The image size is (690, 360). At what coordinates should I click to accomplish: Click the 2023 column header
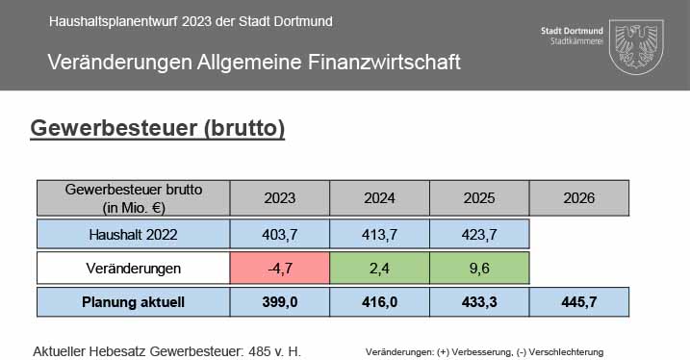tap(279, 198)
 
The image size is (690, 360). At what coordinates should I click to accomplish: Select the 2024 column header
tap(379, 198)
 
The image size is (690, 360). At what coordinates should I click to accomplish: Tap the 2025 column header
tap(479, 198)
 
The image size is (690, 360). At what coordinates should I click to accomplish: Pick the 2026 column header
tap(579, 198)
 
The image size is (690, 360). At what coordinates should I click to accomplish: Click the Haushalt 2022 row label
tap(134, 235)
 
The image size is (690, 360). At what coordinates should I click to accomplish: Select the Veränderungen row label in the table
tap(134, 268)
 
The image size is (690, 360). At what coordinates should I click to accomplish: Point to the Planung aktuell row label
tap(134, 302)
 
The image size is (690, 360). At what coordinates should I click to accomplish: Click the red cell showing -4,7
tap(279, 268)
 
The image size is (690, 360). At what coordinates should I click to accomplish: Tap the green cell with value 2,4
tap(379, 268)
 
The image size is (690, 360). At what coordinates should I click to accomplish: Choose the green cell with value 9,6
tap(479, 268)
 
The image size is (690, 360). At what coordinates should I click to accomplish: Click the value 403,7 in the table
tap(279, 235)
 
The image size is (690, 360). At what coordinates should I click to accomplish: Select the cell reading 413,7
tap(379, 235)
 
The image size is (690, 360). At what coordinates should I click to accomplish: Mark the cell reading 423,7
tap(479, 235)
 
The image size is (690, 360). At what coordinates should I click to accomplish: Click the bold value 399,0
tap(279, 302)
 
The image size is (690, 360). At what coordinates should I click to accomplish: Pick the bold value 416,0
tap(379, 302)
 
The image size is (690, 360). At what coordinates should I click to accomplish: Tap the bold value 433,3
tap(479, 302)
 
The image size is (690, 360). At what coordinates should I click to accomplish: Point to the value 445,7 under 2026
tap(579, 302)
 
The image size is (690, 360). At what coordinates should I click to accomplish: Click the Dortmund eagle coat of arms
tap(636, 46)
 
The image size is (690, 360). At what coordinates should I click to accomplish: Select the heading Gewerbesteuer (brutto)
tap(158, 128)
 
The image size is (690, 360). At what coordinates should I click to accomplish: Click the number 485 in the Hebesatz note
tap(260, 351)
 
